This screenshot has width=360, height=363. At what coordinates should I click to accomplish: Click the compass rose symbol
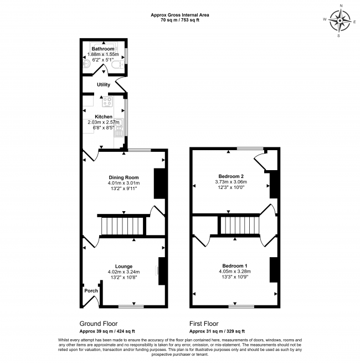(x=340, y=21)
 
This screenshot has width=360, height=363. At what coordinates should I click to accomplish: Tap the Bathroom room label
(x=103, y=49)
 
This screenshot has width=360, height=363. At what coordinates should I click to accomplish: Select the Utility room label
(x=104, y=85)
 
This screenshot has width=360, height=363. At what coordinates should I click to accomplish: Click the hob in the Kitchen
(x=107, y=101)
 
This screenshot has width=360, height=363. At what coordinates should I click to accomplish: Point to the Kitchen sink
(x=119, y=127)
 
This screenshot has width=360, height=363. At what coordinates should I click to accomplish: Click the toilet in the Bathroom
(x=117, y=65)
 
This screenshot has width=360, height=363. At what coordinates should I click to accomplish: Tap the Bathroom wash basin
(x=86, y=63)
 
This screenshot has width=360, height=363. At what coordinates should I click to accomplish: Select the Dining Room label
(x=124, y=177)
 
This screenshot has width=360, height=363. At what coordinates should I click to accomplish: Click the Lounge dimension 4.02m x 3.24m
(x=124, y=272)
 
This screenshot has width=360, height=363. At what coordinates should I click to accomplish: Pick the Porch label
(x=91, y=291)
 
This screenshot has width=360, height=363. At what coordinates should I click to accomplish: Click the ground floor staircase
(x=122, y=226)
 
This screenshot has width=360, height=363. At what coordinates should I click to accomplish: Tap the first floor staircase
(x=240, y=225)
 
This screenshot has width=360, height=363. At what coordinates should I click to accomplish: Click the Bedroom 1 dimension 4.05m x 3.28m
(x=235, y=272)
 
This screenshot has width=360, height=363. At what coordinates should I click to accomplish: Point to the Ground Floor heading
(x=99, y=324)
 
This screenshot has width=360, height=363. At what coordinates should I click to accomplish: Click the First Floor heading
(x=204, y=324)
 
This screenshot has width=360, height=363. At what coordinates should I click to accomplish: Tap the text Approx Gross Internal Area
(x=180, y=15)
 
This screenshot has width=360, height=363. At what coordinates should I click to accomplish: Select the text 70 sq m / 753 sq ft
(x=180, y=20)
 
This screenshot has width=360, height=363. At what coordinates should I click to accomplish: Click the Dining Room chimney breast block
(x=160, y=183)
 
